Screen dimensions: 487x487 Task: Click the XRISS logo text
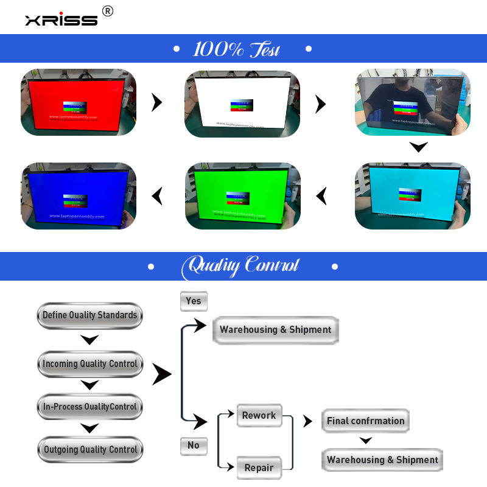point(61,19)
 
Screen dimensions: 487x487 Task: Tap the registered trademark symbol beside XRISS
point(107,11)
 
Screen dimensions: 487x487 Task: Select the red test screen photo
point(79,102)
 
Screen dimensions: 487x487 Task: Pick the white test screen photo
point(242,102)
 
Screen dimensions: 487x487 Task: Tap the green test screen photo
point(242,195)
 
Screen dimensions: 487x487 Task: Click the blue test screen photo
point(79,195)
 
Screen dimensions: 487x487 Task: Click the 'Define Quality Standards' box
point(90,315)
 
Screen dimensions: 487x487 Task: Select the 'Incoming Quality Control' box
point(90,364)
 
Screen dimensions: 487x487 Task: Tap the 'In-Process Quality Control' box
point(90,407)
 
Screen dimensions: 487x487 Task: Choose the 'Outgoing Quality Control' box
point(90,450)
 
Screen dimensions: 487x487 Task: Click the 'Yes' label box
point(194,301)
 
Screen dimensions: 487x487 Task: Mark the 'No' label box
point(194,446)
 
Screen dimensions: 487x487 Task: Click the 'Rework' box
point(259,415)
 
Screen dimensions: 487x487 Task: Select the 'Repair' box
point(259,468)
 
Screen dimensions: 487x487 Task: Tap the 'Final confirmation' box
point(365,421)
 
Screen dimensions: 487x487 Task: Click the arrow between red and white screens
point(157,102)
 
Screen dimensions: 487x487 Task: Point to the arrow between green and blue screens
point(157,195)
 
